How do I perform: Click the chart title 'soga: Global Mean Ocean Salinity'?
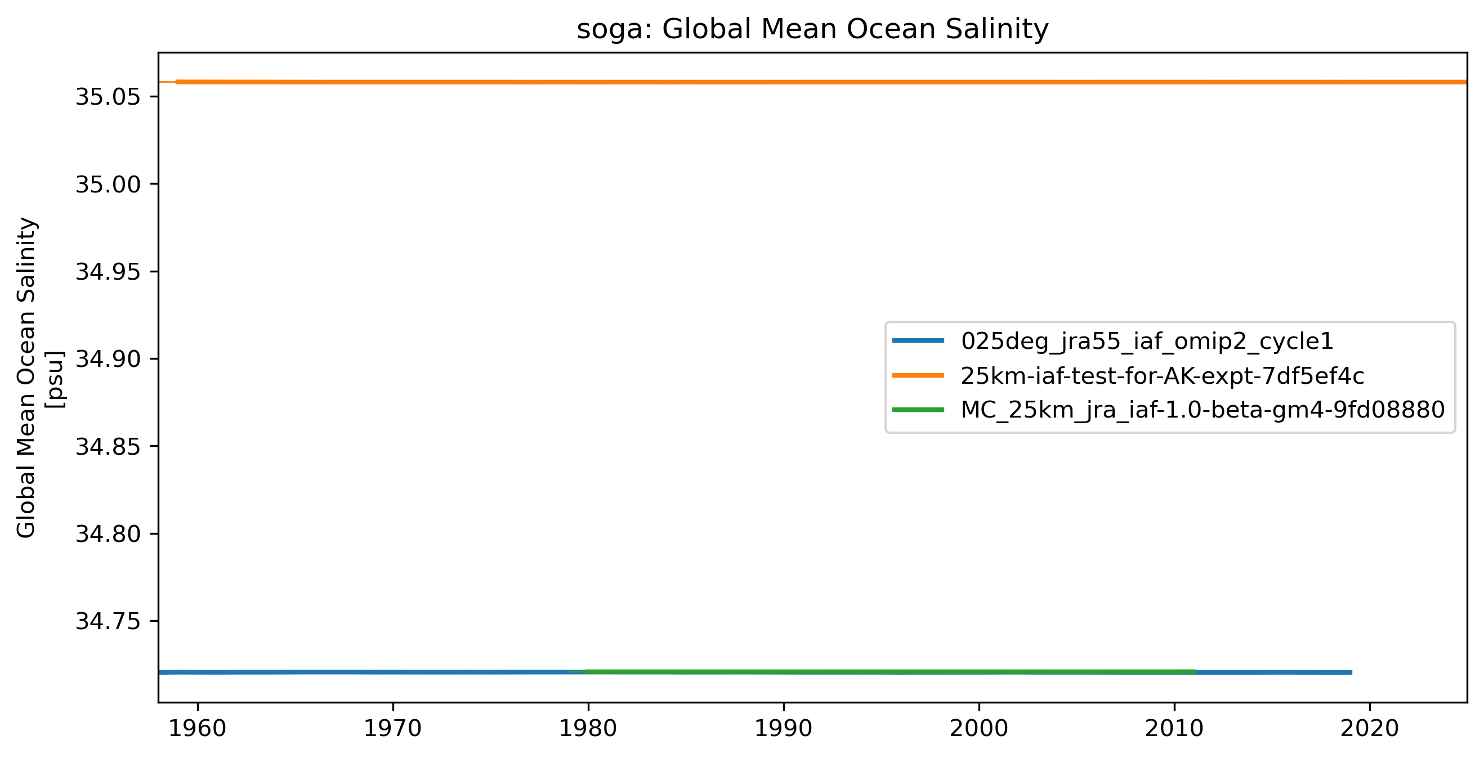click(812, 29)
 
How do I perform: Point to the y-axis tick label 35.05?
click(108, 97)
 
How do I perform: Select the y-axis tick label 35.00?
click(108, 185)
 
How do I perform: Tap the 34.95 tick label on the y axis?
click(108, 272)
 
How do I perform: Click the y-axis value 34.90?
click(108, 360)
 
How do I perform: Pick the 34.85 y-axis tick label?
click(108, 446)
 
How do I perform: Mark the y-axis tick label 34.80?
click(108, 534)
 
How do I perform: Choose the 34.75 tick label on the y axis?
click(108, 621)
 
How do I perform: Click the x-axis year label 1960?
click(198, 729)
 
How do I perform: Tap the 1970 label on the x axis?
click(393, 729)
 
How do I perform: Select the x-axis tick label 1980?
click(588, 729)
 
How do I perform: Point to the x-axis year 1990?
click(784, 729)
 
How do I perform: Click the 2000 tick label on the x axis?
click(979, 729)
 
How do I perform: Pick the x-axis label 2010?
click(1174, 729)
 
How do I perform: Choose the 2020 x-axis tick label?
click(1369, 729)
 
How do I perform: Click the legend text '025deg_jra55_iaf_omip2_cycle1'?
click(1147, 342)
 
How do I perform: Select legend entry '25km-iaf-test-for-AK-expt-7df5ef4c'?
click(1163, 376)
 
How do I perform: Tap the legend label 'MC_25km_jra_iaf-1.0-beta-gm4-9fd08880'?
click(1203, 410)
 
